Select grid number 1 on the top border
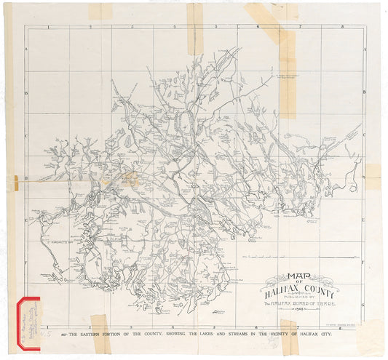point(48,27)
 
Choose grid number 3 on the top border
point(132,27)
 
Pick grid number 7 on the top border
point(300,27)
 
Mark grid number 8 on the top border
point(341,27)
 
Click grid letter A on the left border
point(27,49)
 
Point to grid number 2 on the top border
point(90,27)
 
